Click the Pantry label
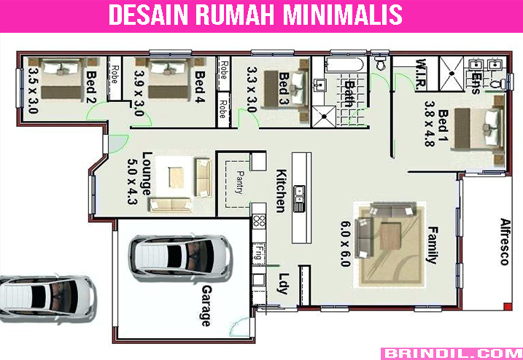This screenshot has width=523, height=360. click(x=239, y=182)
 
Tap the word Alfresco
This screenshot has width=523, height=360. click(x=505, y=242)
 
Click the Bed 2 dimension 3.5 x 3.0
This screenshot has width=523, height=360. click(x=33, y=90)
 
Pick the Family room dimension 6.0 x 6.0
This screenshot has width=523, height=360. click(x=346, y=243)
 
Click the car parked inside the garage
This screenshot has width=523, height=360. click(x=180, y=257)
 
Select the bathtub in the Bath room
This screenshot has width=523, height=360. click(x=346, y=64)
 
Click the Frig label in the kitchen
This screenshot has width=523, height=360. click(x=258, y=253)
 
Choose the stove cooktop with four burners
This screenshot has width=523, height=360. click(x=259, y=221)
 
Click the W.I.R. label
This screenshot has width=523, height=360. click(x=422, y=74)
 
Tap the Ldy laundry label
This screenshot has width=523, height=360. click(x=283, y=283)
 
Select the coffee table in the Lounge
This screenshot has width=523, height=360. click(x=176, y=177)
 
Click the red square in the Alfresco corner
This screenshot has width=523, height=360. click(x=508, y=306)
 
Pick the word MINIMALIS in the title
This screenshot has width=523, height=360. click(x=343, y=15)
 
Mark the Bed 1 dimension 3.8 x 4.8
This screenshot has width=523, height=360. click(x=430, y=124)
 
